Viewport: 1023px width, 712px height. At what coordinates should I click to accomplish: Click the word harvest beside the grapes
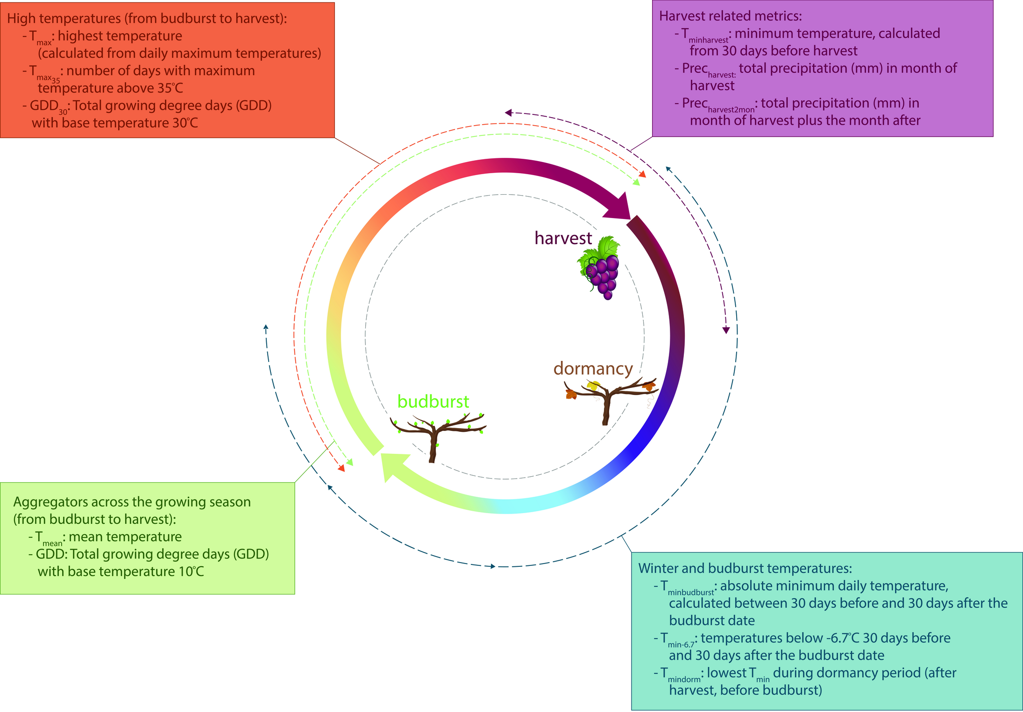coord(563,238)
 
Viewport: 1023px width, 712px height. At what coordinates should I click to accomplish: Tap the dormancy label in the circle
coord(593,369)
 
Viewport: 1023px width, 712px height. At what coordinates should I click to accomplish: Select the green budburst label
coord(433,402)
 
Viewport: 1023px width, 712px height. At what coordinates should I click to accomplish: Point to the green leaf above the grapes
coord(608,247)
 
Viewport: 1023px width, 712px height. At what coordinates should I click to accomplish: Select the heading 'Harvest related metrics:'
coord(730,16)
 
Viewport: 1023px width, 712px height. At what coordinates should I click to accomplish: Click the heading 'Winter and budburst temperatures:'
coord(745,568)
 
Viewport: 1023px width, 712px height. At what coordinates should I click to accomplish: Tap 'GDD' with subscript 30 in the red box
coord(45,107)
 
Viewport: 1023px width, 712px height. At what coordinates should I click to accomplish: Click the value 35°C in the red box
coord(167,88)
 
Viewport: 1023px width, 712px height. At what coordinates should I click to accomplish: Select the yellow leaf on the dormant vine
coord(593,386)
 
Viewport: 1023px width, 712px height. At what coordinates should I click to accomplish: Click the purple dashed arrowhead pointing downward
coord(726,330)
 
